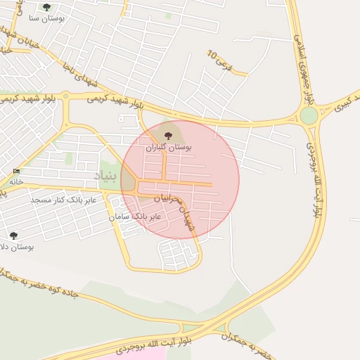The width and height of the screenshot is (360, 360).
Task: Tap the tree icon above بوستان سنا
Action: pos(46,7)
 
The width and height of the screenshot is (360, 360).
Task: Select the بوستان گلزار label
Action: pos(168,148)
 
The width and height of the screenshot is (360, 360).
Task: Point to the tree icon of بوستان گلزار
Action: pos(167,136)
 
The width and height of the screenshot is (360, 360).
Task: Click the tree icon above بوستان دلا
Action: pos(13,236)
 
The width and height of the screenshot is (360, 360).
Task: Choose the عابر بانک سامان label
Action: pos(135,217)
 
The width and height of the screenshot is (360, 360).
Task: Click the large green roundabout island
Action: pos(309,115)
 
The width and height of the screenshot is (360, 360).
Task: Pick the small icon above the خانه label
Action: pos(16,172)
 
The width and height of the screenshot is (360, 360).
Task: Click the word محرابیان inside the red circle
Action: pos(169,199)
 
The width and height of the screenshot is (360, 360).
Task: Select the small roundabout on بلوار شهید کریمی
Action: pos(65,96)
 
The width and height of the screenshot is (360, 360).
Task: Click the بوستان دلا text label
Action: pos(17,247)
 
